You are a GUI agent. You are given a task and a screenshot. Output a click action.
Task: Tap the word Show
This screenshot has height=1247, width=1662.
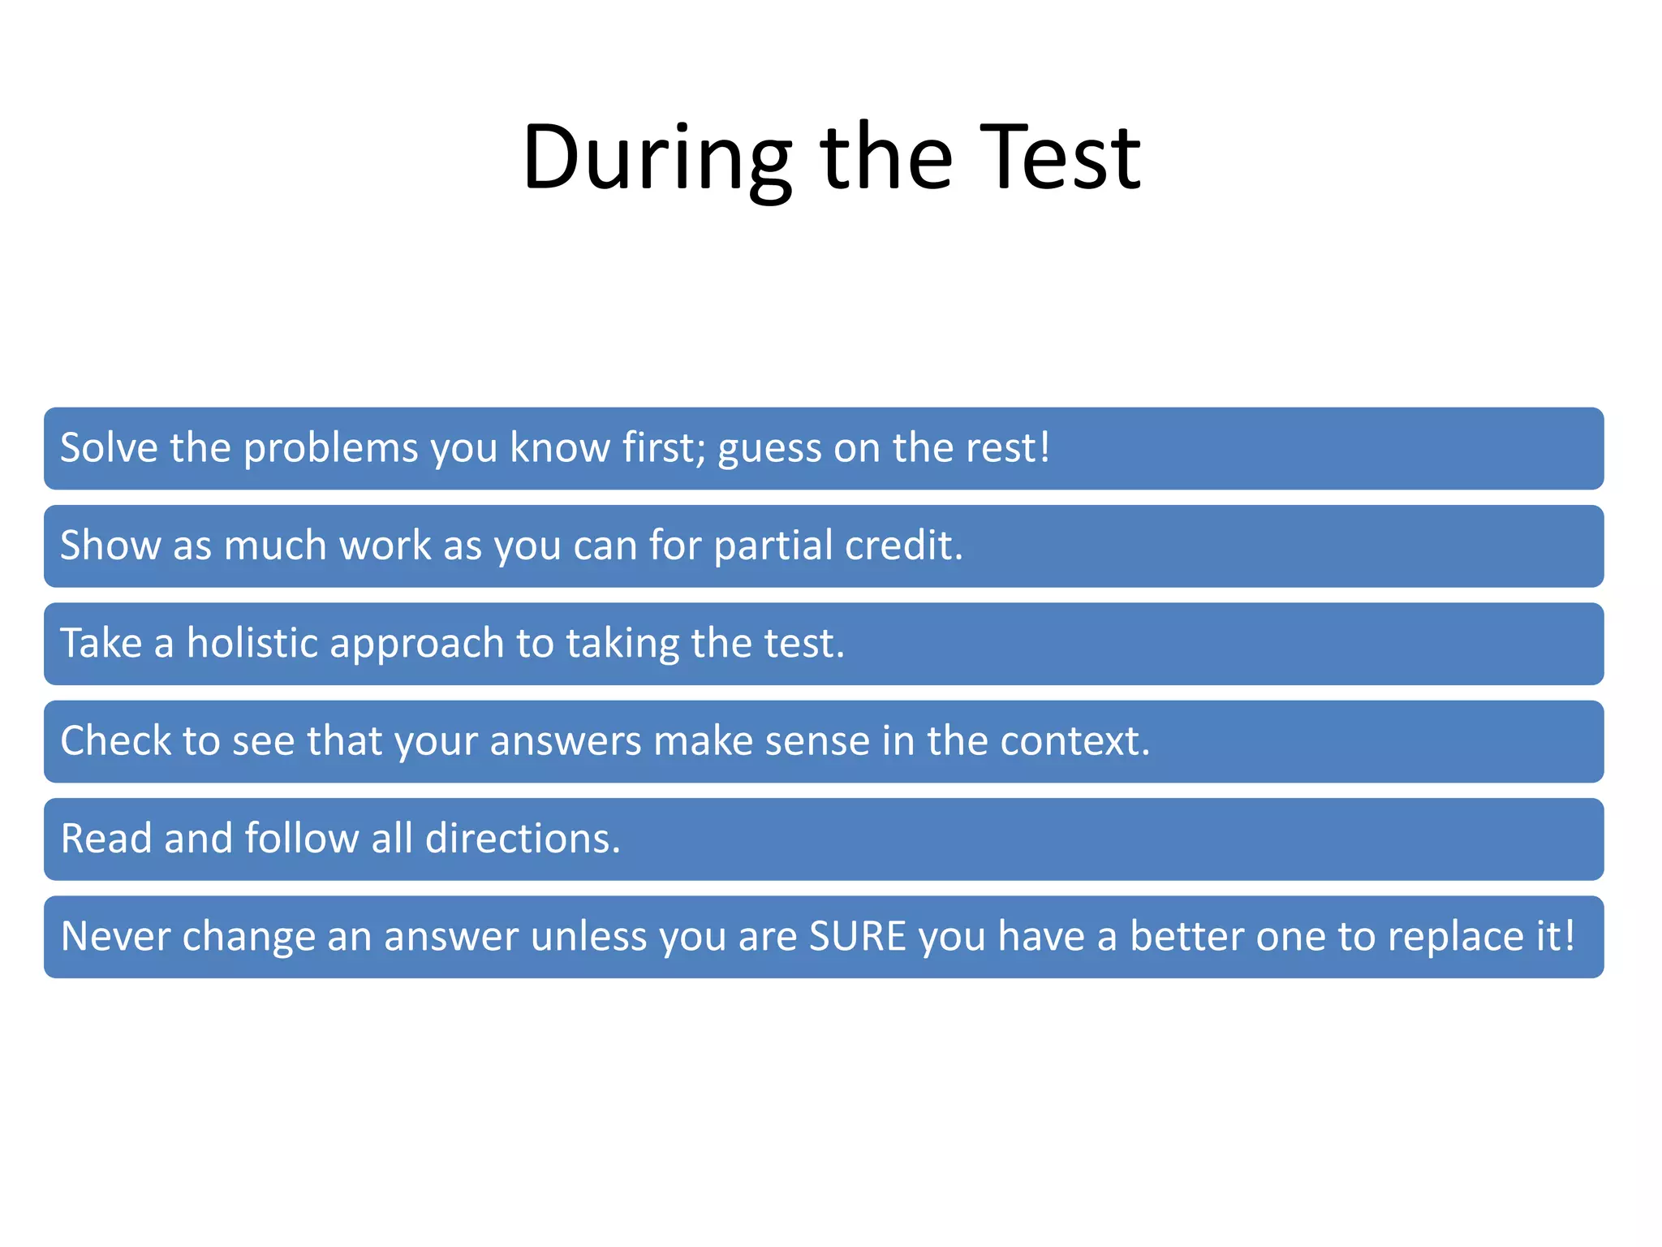tap(110, 545)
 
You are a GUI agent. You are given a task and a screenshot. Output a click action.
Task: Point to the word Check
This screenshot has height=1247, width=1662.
tap(116, 740)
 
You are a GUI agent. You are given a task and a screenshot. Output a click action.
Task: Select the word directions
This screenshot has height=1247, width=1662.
tap(522, 838)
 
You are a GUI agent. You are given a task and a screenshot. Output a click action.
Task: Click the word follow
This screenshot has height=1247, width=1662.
tap(301, 838)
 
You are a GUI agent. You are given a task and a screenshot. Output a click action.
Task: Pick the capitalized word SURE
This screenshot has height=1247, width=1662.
tap(857, 936)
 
